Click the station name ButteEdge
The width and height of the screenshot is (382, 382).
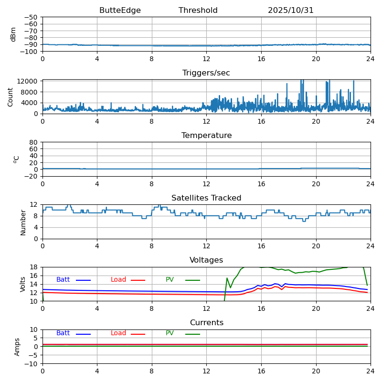pos(120,11)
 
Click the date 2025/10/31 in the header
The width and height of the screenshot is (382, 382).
pos(291,11)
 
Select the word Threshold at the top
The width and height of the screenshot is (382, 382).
pos(198,11)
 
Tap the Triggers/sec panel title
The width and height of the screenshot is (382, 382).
pos(206,73)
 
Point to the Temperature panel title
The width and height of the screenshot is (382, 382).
pos(206,136)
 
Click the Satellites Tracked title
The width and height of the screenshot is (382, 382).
pos(206,198)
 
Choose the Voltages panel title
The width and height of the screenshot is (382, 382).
pos(206,260)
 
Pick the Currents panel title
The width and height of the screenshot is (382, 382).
pos(206,323)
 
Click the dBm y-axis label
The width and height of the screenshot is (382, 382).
pos(13,34)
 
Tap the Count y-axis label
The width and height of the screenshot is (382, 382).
pos(11,96)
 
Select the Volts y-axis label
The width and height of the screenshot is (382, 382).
pos(23,284)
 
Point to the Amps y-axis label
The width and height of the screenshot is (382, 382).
pos(17,347)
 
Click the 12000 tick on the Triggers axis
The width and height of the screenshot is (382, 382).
pos(28,82)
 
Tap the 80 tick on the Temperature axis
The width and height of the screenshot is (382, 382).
pos(34,142)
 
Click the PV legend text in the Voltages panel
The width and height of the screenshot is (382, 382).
pos(170,280)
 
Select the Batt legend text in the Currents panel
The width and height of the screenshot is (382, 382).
pos(63,333)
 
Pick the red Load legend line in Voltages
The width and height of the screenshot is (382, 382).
pos(138,280)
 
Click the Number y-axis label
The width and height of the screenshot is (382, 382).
pos(23,222)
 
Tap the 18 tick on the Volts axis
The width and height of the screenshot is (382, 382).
pos(34,267)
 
